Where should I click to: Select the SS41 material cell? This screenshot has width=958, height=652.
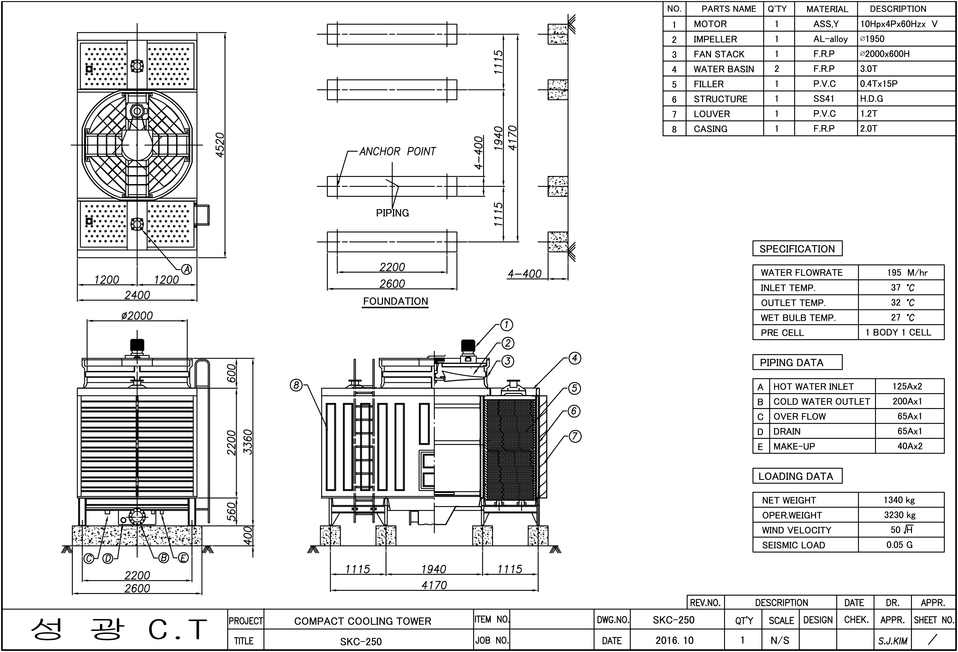(x=824, y=99)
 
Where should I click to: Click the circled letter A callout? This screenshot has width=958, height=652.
(x=187, y=269)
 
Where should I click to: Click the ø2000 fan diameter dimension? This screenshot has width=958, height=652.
(x=137, y=316)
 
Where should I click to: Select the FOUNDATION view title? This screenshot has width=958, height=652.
(x=395, y=301)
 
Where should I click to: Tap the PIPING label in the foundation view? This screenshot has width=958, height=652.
(x=392, y=213)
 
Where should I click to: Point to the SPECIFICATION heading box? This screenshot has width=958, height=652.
(x=797, y=249)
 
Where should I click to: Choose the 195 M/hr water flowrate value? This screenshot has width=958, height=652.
(x=907, y=272)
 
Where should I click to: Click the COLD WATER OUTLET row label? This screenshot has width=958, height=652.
(x=821, y=401)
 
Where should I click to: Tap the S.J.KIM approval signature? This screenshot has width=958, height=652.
(x=892, y=641)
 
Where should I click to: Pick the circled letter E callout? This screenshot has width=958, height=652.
(x=183, y=558)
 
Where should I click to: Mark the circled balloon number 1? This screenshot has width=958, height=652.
(x=507, y=325)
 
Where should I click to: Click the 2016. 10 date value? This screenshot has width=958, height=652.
(x=675, y=640)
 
